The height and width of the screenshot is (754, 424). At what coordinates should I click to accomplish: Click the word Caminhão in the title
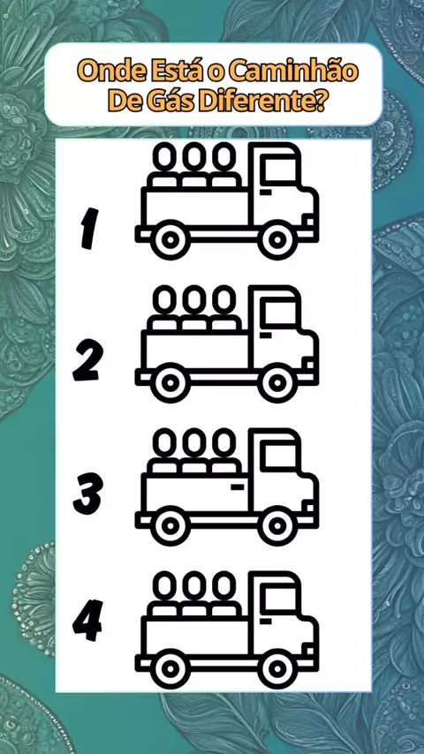[293, 72]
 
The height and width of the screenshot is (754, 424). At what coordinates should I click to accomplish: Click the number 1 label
[87, 229]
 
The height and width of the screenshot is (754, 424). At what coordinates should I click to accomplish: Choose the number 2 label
[87, 359]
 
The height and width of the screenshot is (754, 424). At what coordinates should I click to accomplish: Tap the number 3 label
[87, 494]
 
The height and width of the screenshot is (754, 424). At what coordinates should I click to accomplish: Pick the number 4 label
[87, 621]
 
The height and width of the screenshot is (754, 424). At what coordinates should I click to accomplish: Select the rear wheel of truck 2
[169, 383]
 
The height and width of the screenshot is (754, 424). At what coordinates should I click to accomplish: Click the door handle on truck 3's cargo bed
[238, 487]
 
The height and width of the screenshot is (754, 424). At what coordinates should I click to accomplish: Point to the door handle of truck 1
[266, 192]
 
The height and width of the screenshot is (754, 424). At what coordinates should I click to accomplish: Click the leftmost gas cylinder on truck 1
[165, 165]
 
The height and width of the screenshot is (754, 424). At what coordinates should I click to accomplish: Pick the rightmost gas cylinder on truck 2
[224, 308]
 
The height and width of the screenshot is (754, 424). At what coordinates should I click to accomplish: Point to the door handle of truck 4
[266, 622]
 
